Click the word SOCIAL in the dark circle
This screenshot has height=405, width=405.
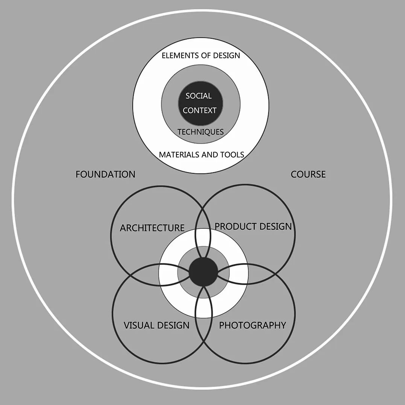(x=199, y=96)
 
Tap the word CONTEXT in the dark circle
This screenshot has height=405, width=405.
(x=200, y=111)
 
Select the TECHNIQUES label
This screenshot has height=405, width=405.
(x=200, y=132)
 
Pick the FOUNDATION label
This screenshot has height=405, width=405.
(x=105, y=174)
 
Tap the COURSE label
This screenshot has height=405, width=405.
(x=308, y=174)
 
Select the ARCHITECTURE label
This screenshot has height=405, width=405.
(x=152, y=228)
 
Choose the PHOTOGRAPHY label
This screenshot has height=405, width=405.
(x=252, y=325)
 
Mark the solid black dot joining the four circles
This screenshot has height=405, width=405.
(x=203, y=272)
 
